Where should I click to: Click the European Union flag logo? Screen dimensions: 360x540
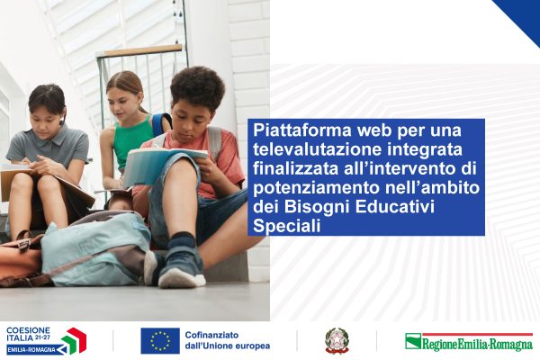160,340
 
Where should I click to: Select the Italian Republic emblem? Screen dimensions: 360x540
337,340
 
